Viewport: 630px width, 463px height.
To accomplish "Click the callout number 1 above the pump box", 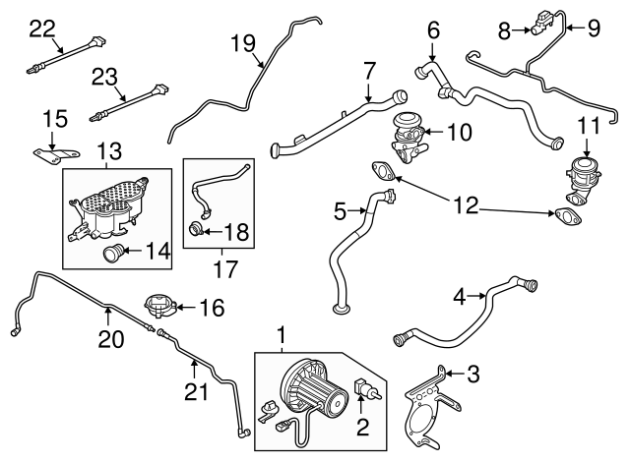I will pyautogui.click(x=282, y=338).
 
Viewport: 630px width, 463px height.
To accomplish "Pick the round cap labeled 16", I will pyautogui.click(x=158, y=307).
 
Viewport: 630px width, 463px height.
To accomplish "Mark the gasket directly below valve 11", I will pyautogui.click(x=570, y=214).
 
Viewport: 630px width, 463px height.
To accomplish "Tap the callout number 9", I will pyautogui.click(x=594, y=29).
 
